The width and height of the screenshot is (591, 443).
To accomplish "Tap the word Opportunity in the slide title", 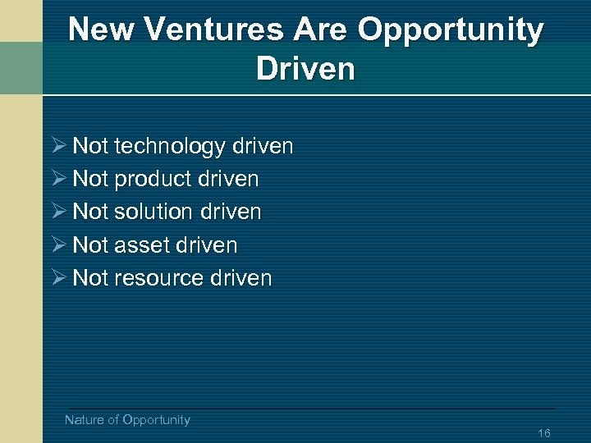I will (451, 30).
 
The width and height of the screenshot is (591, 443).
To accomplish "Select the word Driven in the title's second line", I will (305, 69).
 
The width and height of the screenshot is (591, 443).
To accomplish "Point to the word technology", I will (170, 147).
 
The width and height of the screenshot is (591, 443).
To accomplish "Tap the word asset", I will (143, 245).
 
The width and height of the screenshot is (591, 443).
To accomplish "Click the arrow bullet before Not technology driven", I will (58, 147).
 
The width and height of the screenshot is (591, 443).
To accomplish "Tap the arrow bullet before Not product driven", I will (58, 179).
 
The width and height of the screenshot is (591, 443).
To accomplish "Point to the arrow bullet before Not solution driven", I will (58, 212).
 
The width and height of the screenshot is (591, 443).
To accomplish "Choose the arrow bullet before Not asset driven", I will (58, 245).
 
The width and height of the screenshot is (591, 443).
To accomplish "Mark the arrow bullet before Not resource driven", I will (58, 278).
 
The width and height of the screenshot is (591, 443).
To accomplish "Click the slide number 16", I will (543, 433).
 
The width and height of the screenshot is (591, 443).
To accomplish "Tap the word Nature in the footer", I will (85, 420).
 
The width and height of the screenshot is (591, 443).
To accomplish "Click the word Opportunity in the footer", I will (156, 420).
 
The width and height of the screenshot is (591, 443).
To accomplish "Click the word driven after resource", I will (241, 278).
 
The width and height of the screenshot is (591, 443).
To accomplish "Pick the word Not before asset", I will (90, 245).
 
